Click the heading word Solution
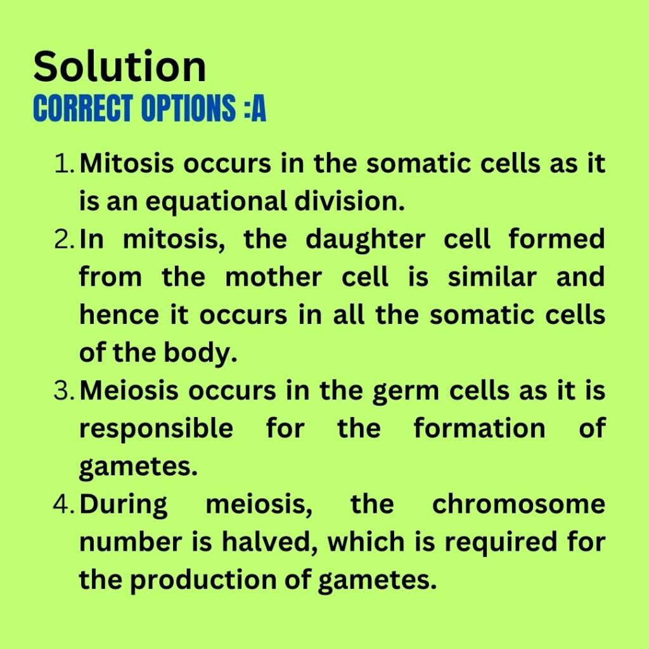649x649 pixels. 120,66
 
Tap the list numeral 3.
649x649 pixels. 64,391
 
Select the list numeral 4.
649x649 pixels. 64,504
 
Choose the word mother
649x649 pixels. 274,278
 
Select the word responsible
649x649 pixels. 156,429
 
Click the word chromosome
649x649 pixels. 518,504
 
